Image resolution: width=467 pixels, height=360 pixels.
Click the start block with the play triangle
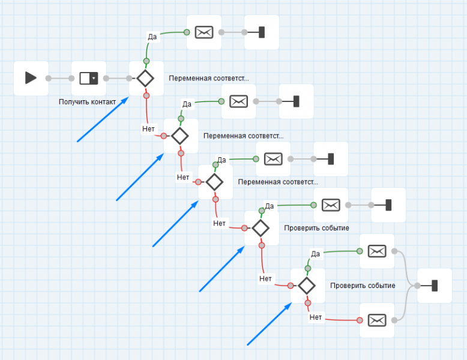tap(31, 78)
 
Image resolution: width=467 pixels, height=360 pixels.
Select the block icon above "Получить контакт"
tap(88, 78)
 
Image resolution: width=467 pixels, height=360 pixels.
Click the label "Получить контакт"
tap(87, 102)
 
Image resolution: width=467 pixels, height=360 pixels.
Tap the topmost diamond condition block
tap(145, 78)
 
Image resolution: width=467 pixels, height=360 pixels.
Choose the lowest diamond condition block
tap(307, 286)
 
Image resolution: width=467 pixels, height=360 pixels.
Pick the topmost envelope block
tap(204, 32)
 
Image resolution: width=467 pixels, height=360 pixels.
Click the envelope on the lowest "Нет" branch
tap(376, 320)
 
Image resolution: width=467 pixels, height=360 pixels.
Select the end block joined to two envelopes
tap(434, 286)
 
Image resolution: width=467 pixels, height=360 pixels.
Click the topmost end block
tap(261, 32)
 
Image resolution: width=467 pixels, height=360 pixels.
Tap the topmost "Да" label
tap(152, 37)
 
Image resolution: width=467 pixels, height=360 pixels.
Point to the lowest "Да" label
tap(316, 253)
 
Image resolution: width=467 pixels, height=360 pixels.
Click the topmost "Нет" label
tap(148, 128)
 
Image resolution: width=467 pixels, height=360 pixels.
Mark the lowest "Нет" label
tap(316, 317)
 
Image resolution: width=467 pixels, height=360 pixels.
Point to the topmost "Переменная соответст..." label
tap(208, 78)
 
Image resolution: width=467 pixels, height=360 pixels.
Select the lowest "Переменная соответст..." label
tap(278, 182)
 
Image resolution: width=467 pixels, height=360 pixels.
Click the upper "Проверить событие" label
tap(316, 228)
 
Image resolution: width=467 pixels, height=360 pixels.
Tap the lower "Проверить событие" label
tap(363, 286)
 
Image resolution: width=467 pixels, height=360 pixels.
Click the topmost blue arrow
tap(103, 120)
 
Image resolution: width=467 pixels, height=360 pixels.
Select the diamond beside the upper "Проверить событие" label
tap(261, 228)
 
